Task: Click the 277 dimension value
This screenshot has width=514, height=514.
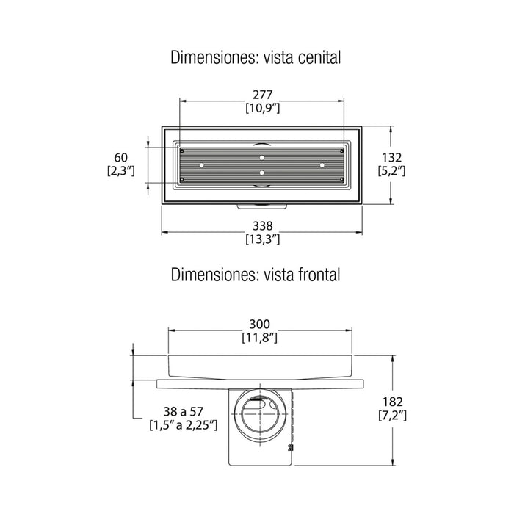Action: pyautogui.click(x=262, y=95)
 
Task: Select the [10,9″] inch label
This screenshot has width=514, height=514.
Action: pyautogui.click(x=263, y=108)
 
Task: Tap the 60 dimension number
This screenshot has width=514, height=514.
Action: pyautogui.click(x=120, y=158)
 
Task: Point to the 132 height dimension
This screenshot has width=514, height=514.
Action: pyautogui.click(x=391, y=158)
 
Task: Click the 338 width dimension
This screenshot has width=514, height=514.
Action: pyautogui.click(x=262, y=226)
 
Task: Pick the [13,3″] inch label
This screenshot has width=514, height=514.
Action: pyautogui.click(x=263, y=239)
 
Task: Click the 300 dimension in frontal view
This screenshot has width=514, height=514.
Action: pyautogui.click(x=260, y=325)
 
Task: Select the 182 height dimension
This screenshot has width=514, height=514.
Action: pyautogui.click(x=392, y=402)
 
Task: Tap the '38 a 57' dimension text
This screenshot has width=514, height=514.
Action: pyautogui.click(x=184, y=411)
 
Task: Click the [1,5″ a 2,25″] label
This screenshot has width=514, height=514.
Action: pyautogui.click(x=184, y=425)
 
